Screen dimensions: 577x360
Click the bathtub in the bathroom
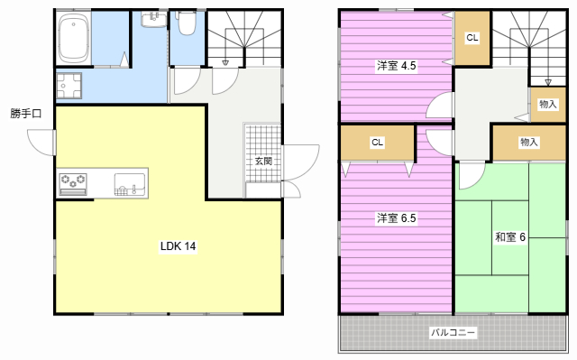(x=74, y=38)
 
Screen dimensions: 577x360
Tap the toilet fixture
(x=187, y=23)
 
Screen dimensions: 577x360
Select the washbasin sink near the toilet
(x=154, y=19)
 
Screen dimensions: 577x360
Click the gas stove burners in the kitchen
(x=73, y=184)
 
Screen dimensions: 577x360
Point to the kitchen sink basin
(x=129, y=184)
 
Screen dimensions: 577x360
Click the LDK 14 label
(x=179, y=246)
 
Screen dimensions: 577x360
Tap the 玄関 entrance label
(x=263, y=161)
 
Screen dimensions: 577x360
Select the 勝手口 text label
(x=26, y=114)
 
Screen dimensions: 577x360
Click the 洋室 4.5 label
(x=396, y=66)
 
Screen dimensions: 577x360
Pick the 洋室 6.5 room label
(x=396, y=218)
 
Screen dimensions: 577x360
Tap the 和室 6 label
(x=510, y=237)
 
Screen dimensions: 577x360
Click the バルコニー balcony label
(x=453, y=332)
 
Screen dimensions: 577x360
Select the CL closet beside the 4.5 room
(x=472, y=38)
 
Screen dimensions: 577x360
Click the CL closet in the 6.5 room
(x=377, y=142)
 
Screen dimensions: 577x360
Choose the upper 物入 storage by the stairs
(x=547, y=104)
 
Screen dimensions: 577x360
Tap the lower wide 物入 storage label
(x=529, y=142)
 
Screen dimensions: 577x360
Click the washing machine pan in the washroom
(x=69, y=86)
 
